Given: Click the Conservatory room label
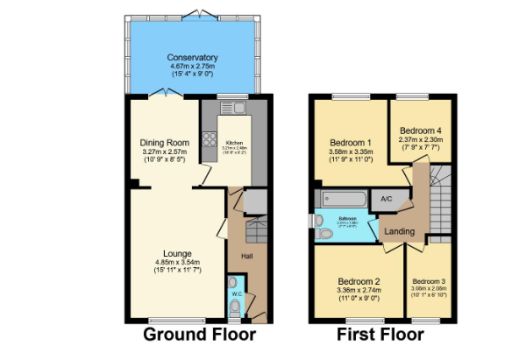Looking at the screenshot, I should [192, 58].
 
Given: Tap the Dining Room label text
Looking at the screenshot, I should [165, 142].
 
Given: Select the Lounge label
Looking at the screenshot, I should [177, 253].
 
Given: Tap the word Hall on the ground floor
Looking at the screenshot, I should [248, 256].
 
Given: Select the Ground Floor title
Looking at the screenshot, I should [199, 335].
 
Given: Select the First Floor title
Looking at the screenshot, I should [380, 335].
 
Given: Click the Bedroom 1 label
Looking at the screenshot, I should [350, 142].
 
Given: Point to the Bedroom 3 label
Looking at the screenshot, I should [429, 282].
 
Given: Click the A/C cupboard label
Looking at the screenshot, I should [387, 199].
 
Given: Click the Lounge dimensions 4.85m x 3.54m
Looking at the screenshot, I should [177, 262].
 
